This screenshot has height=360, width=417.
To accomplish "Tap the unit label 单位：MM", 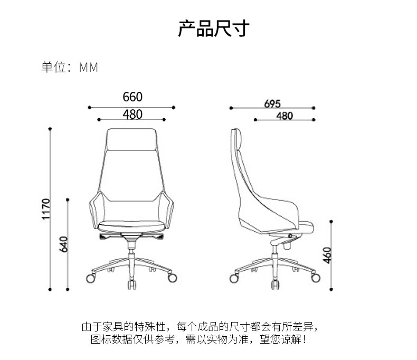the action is click(70, 68).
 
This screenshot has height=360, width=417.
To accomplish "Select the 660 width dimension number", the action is click(132, 97).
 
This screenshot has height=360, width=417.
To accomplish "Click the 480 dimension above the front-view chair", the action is click(132, 113).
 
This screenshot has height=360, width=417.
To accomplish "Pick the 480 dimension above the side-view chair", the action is click(285, 116).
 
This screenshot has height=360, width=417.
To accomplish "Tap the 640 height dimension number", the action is click(64, 244).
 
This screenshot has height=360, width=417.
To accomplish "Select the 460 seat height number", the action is click(327, 255).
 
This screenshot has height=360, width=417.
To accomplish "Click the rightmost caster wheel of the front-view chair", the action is click(172, 277).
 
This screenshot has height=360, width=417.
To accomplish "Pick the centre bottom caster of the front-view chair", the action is click(131, 286).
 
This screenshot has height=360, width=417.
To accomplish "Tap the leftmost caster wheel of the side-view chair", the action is click(236, 277).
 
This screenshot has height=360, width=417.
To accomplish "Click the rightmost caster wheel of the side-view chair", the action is click(315, 277).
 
